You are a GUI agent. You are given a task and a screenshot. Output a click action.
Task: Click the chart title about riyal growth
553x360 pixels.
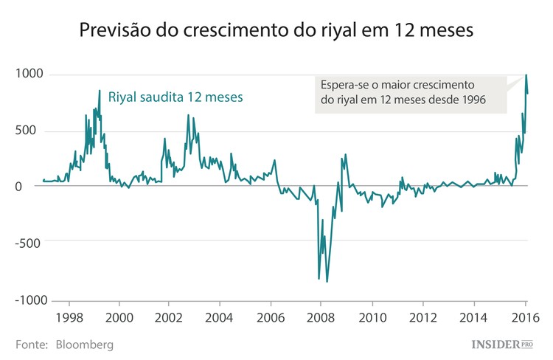[276, 32]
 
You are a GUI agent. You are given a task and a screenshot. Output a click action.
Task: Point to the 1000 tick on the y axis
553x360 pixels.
[28, 75]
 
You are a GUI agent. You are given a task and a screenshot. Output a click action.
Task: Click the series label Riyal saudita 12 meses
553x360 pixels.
[175, 97]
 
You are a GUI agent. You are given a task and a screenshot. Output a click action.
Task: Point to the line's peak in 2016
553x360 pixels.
[526, 75]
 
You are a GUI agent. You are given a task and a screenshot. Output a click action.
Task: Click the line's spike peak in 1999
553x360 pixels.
[100, 91]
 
